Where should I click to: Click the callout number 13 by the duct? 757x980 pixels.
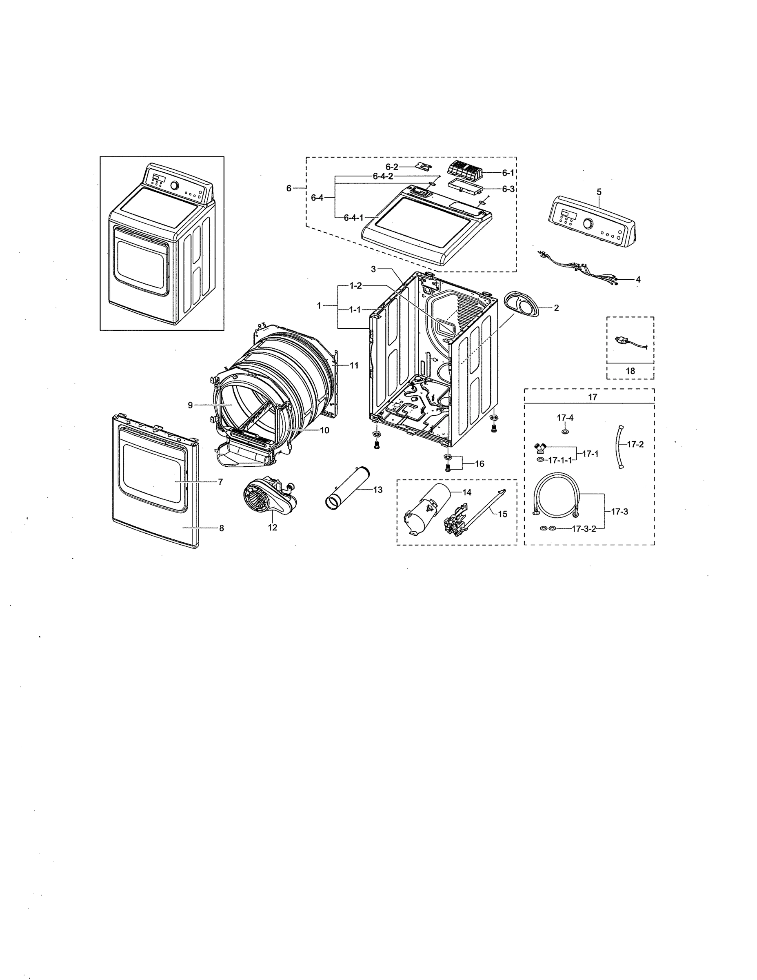coord(377,490)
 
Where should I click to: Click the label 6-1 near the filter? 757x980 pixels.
coord(508,173)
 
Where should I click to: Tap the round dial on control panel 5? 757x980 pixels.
coord(588,223)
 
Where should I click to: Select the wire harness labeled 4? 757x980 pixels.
coord(579,269)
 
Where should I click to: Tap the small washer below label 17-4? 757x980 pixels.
coord(565,431)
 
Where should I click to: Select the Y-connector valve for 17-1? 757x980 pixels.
coord(541,448)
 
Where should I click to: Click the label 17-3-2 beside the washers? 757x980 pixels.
coord(584,529)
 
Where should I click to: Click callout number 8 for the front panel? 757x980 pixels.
coord(221,528)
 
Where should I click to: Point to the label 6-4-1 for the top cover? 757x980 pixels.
coord(353,218)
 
